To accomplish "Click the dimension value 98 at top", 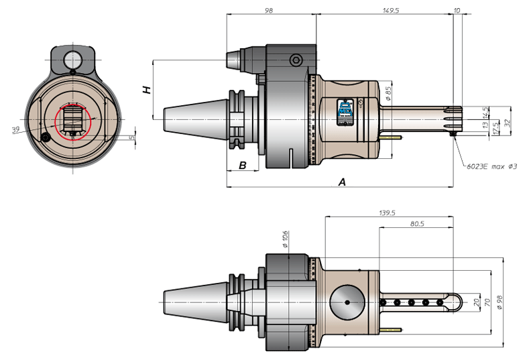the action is (269, 11).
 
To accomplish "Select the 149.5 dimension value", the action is (391, 11).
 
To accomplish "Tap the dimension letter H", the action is (147, 90).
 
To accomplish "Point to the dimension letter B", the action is (243, 166).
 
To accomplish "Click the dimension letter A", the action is (342, 182).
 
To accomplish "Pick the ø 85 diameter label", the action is (388, 93).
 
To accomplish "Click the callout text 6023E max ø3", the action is (491, 166).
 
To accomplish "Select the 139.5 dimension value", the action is (387, 213).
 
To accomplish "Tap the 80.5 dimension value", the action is (417, 224).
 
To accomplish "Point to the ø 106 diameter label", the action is (285, 239).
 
